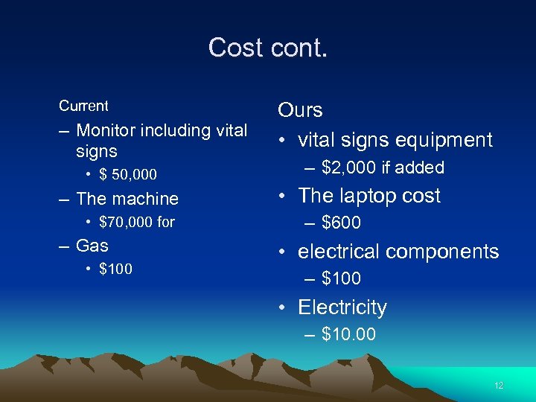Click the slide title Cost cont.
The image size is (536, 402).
267,48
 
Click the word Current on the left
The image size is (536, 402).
83,106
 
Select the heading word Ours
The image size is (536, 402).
300,110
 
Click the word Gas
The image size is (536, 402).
92,246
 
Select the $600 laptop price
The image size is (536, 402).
341,223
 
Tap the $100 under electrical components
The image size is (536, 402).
341,278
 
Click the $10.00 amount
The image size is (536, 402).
348,334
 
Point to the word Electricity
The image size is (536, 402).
342,307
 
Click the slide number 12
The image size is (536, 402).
499,386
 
